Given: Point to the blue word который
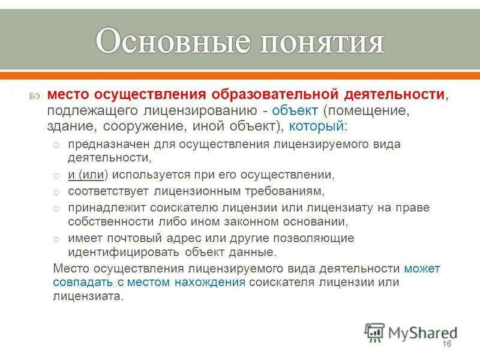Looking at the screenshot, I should tap(316, 127).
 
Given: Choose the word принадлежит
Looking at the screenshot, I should tap(103, 208).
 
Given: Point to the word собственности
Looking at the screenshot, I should tap(106, 221).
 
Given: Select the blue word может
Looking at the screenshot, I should tap(422, 268).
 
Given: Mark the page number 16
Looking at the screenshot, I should tap(446, 343).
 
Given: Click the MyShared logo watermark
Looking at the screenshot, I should tap(411, 332).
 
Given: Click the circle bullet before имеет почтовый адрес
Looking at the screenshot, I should tap(55, 239).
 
